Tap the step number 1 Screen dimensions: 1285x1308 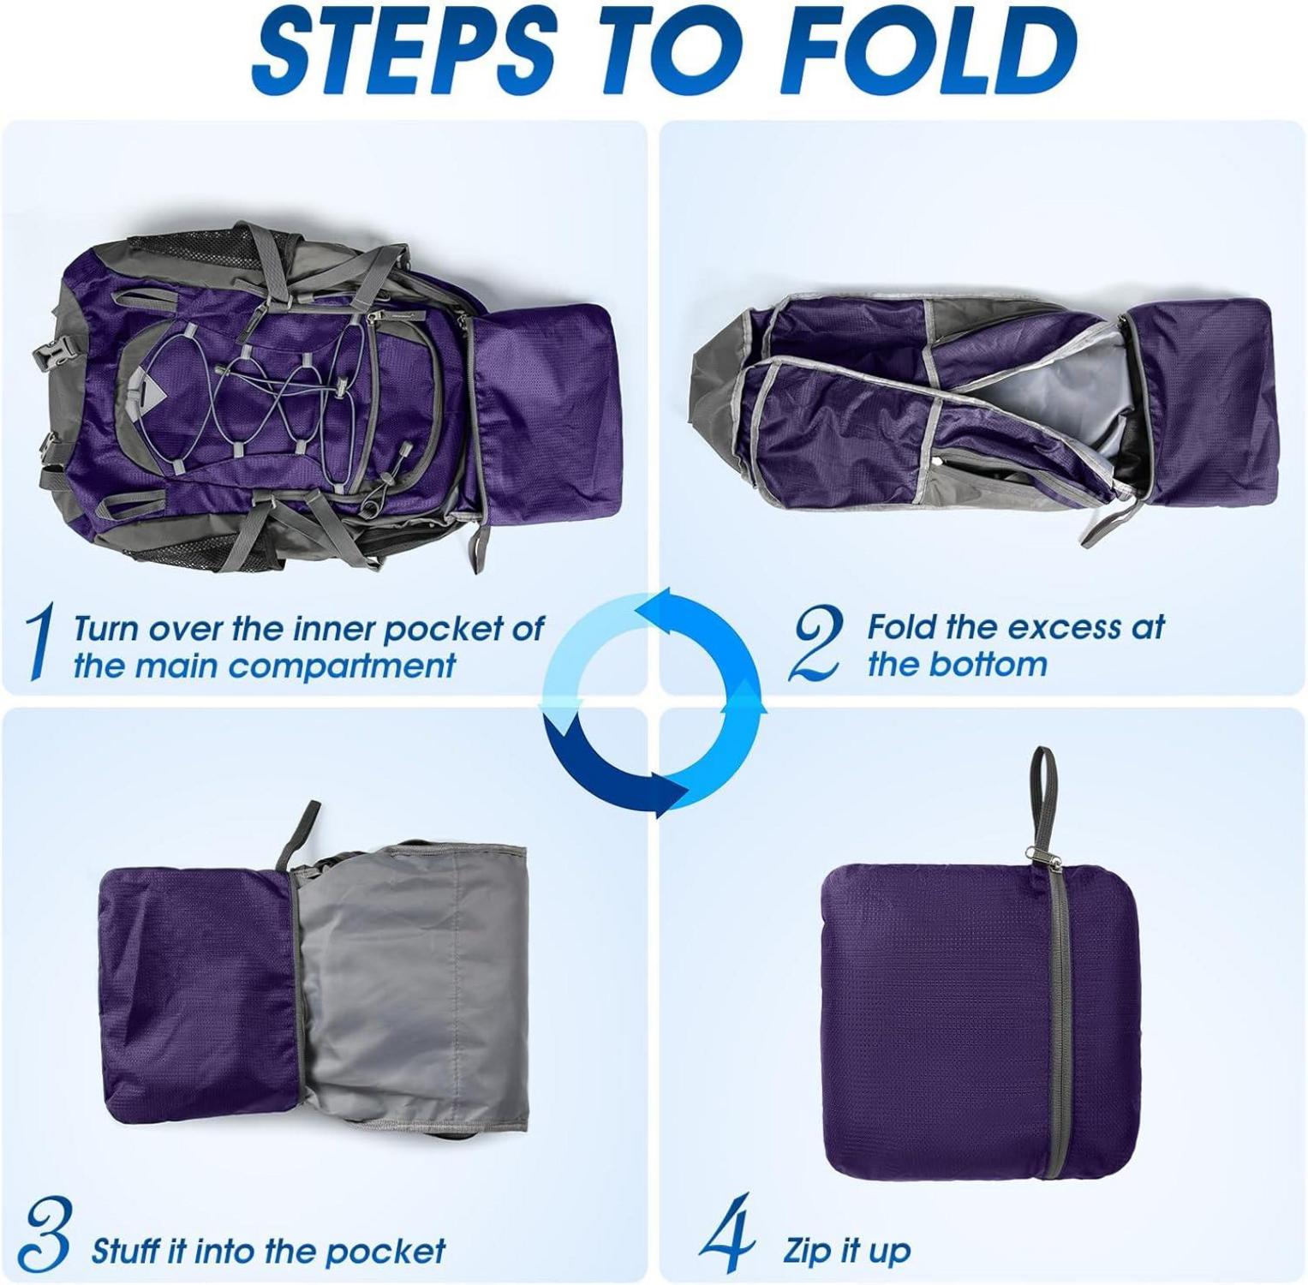39,642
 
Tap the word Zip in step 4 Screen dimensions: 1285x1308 807,1252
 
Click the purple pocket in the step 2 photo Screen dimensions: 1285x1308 1203,403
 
